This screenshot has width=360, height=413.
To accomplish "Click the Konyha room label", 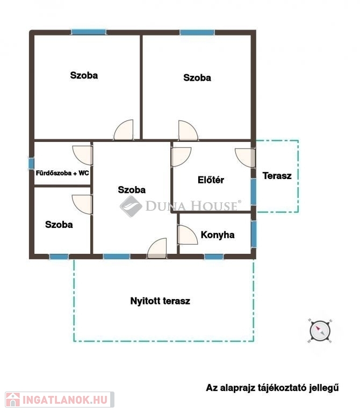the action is (218, 234).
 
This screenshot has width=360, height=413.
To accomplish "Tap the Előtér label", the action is (211, 180).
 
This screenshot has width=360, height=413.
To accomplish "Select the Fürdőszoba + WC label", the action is (62, 173).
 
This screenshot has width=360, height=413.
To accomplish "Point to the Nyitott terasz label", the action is (160, 301).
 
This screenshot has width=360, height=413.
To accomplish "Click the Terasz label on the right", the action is (277, 176).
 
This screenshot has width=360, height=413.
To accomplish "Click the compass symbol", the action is (320, 331).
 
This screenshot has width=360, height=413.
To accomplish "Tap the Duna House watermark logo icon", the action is (131, 206).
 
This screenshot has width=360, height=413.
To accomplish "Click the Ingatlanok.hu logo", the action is (60, 400).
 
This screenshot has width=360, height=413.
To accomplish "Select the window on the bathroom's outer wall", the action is (31, 163).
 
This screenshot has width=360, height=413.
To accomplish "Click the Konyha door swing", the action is (188, 235).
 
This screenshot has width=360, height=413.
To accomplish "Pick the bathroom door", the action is (82, 155).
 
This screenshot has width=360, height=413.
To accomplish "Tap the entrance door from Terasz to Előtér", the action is (245, 158).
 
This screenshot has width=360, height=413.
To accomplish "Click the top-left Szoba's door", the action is (124, 130).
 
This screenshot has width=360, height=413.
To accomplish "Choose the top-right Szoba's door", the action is (188, 130).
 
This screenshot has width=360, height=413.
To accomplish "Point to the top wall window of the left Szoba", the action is (89, 32).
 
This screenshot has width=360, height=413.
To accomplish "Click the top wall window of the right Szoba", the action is (197, 32).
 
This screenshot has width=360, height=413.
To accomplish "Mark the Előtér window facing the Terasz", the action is (253, 192).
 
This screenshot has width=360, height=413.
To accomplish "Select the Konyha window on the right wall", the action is (254, 234).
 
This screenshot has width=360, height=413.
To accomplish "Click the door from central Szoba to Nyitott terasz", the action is (157, 248).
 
